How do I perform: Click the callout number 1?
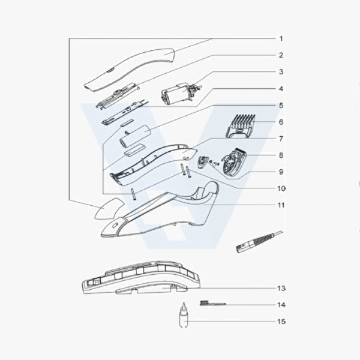(x=281, y=38)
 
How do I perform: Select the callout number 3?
(x=281, y=71)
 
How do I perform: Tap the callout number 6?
(x=281, y=122)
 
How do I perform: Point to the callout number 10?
(x=281, y=188)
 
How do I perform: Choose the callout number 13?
(x=281, y=288)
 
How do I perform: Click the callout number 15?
(x=281, y=322)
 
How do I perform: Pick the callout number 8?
(x=281, y=155)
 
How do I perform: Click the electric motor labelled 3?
(x=181, y=94)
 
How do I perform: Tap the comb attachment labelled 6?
(x=241, y=126)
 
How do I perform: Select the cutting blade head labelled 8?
(x=234, y=163)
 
